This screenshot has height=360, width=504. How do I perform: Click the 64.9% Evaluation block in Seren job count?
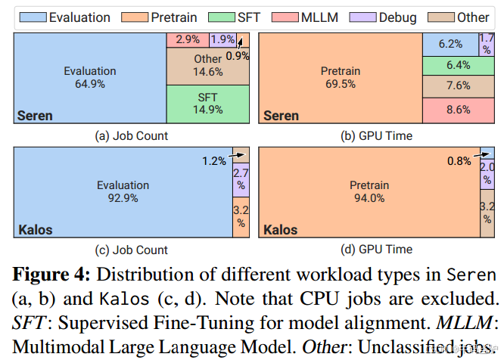tap(89, 78)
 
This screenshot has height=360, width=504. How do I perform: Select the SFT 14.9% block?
tap(207, 104)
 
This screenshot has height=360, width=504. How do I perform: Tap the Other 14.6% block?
tap(207, 66)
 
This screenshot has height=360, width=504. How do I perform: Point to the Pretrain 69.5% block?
tap(340, 78)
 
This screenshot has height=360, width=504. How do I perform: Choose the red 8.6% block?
tap(459, 110)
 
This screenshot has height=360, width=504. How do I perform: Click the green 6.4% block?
tap(459, 65)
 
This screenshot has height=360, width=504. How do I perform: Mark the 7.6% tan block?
tap(459, 86)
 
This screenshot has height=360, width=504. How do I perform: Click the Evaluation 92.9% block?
tap(122, 191)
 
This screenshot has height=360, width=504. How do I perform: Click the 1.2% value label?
tap(213, 160)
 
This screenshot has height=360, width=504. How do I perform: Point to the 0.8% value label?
tap(459, 160)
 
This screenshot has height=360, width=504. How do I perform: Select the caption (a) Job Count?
tap(132, 135)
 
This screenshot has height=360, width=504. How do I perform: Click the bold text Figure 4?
tap(52, 273)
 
